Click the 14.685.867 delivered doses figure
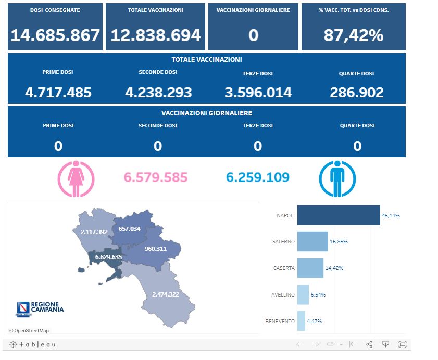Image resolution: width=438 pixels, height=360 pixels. (55, 35)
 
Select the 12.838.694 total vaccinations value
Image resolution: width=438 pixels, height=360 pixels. (156, 35)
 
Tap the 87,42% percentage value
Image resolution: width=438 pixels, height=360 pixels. (353, 35)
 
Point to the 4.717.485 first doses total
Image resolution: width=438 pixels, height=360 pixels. (58, 93)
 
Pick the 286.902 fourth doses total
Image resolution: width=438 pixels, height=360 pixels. (357, 93)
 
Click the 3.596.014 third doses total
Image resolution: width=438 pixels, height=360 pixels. (258, 93)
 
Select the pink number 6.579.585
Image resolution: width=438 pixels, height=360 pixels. (155, 177)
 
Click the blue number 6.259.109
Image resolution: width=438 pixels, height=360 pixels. (258, 177)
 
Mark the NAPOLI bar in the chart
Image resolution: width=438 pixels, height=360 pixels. (339, 215)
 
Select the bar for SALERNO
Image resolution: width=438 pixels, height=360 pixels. (312, 242)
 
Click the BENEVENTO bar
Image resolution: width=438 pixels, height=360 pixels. (301, 321)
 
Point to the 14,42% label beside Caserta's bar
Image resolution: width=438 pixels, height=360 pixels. (334, 268)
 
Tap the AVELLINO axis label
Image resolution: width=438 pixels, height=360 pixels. (283, 295)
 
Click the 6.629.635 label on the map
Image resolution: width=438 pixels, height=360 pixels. (108, 257)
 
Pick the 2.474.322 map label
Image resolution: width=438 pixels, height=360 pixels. (166, 294)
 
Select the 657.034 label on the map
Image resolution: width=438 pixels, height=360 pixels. (129, 229)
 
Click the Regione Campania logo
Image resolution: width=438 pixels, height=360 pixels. (40, 309)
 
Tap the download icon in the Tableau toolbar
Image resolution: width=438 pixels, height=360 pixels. (386, 344)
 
